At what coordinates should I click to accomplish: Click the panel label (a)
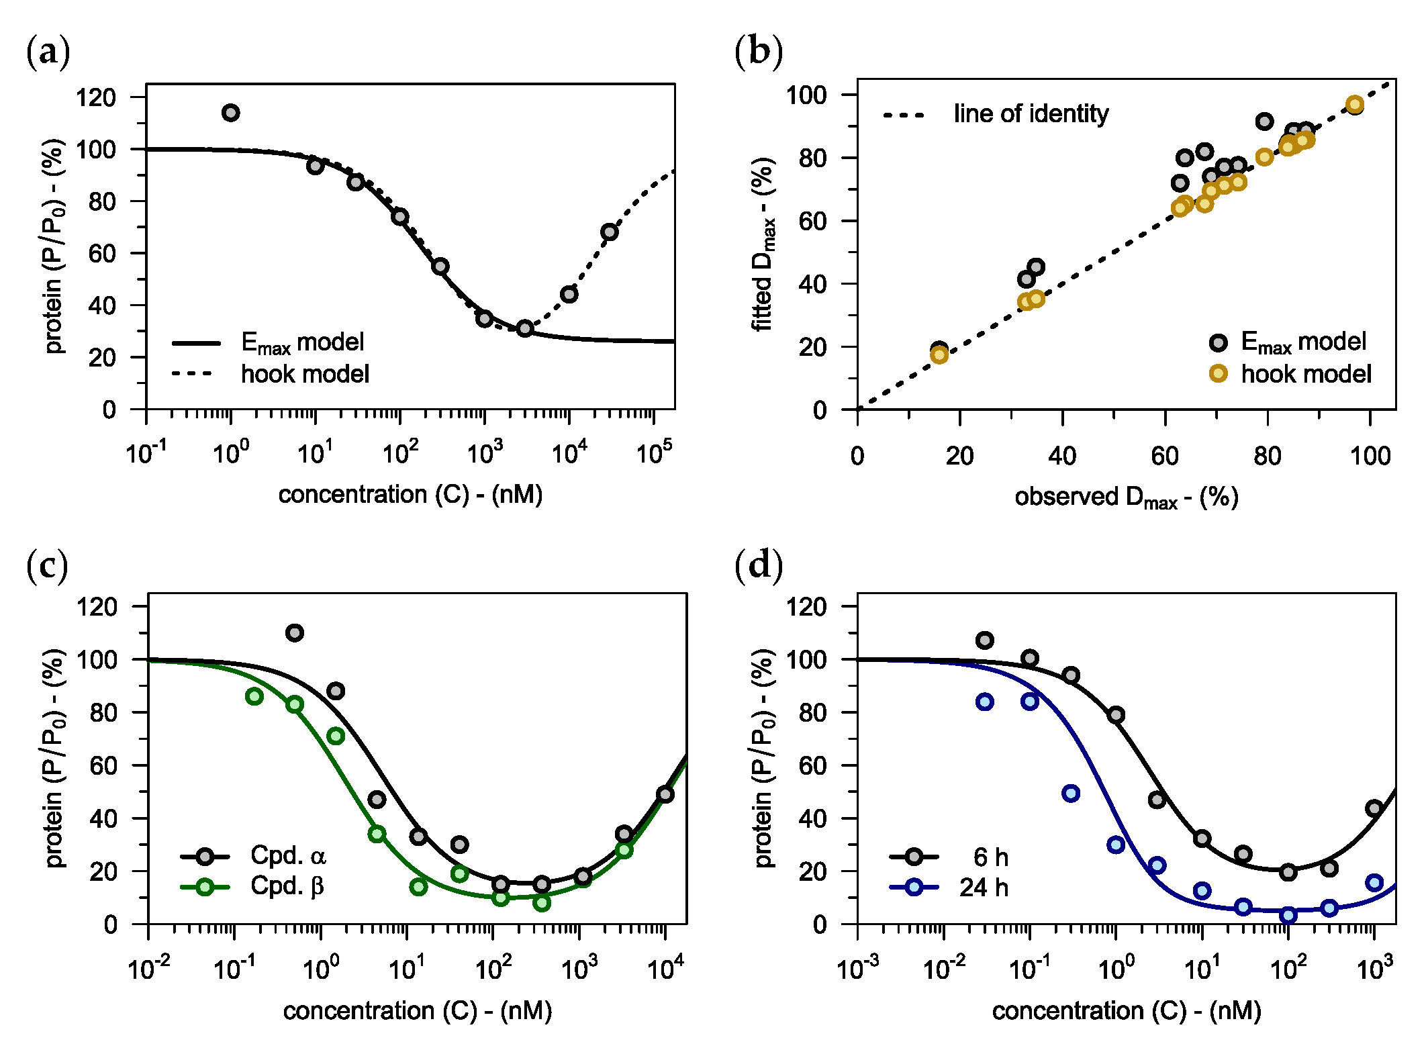pos(48,52)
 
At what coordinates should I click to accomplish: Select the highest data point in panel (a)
pos(230,113)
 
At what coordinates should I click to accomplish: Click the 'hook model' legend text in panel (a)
pos(305,374)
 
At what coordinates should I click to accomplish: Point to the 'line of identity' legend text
pos(1031,113)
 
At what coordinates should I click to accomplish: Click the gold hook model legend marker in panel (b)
pos(1218,373)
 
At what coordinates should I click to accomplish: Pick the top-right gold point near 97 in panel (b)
pos(1354,105)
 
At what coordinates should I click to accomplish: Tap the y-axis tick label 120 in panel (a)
pos(96,97)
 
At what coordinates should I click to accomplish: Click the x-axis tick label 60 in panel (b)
pos(1165,457)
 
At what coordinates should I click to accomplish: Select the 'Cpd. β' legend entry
pos(253,887)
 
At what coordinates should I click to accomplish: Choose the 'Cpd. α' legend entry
pos(254,856)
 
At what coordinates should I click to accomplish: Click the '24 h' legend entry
pos(949,888)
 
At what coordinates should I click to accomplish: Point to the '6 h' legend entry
pos(949,857)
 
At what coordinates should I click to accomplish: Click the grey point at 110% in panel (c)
pos(295,632)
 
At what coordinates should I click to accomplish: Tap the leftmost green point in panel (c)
pos(254,697)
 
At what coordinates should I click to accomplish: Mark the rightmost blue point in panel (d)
pos(1374,882)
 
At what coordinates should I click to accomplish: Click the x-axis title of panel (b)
pos(1127,497)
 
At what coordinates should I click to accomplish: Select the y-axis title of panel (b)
pos(763,244)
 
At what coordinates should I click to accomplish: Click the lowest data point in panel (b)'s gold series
pos(939,355)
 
